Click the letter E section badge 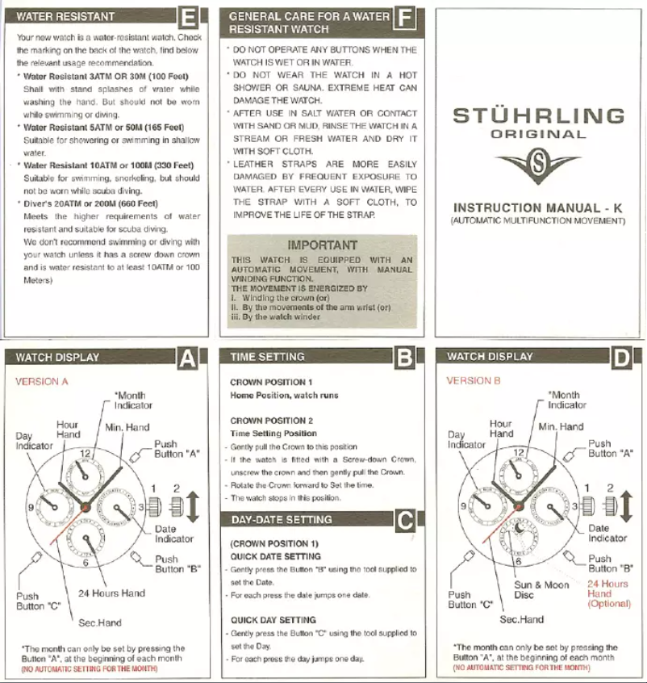coord(188,17)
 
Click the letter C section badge coord(405,522)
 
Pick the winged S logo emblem coord(538,166)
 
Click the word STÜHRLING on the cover coord(538,116)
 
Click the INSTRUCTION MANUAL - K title coord(538,207)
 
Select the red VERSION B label coord(474,380)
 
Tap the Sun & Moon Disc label coord(541,590)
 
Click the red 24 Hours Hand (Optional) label coord(607,593)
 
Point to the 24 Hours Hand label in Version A coord(111,593)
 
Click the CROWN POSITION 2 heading coord(271,421)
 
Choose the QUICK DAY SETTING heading coord(273,620)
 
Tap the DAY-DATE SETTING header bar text coord(281,520)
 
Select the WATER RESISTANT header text coord(65,16)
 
